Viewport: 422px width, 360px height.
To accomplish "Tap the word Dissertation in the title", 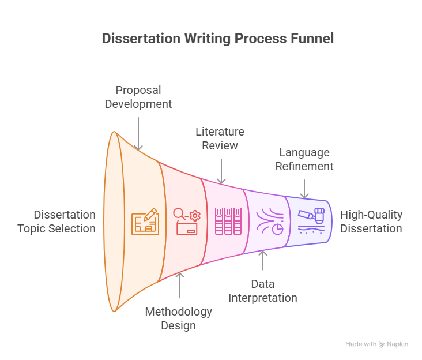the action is coord(141,38).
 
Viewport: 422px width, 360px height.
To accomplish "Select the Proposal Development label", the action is coord(138,97).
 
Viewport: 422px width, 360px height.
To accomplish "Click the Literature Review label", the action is coord(220,138).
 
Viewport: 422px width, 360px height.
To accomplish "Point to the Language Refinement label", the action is coord(304,159).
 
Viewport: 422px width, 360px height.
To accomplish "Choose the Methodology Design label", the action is coord(179,318).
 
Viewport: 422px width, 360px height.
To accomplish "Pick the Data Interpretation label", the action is coord(263,291).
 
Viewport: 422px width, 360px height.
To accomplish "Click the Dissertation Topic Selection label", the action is coord(56,222).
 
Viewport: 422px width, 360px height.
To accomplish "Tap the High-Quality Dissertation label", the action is coord(371,222).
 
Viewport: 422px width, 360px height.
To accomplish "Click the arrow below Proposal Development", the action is coord(138,134).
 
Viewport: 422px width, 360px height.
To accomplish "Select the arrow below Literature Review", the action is coord(221,171).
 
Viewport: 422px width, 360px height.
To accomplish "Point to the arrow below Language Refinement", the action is coord(304,189).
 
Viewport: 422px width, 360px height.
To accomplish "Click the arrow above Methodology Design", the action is coord(180,285).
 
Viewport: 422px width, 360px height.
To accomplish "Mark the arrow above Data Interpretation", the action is coord(263,260).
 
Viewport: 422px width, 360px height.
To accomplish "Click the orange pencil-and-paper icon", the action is coord(145,222).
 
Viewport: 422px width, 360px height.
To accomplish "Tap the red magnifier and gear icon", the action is coord(187,222).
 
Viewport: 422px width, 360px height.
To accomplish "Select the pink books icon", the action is coord(228,222).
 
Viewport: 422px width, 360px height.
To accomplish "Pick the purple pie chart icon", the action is coord(270,222).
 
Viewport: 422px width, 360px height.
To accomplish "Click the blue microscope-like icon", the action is coord(311,222).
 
